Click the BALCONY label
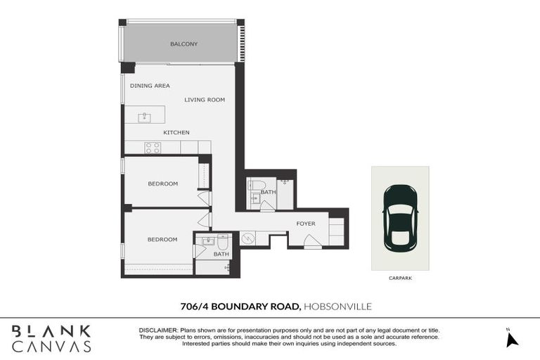[184, 44]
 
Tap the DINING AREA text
[150, 86]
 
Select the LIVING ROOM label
[205, 100]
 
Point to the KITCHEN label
[176, 132]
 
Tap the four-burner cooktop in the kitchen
[153, 148]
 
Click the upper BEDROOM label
[162, 184]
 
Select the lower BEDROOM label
[162, 239]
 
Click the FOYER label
[306, 224]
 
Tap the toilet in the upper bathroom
[255, 186]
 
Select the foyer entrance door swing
[313, 243]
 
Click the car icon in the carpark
[400, 216]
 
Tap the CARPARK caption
[400, 278]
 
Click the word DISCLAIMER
[158, 330]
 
